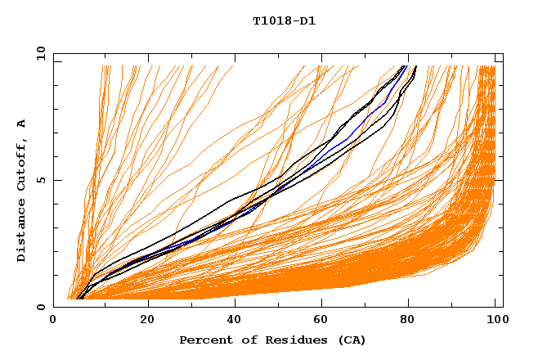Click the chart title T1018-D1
click(x=284, y=21)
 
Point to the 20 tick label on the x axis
click(x=147, y=320)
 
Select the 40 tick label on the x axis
click(x=235, y=320)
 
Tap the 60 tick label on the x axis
click(x=325, y=320)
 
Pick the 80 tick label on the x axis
click(x=413, y=320)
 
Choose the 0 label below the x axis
click(x=54, y=320)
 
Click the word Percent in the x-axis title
click(x=205, y=340)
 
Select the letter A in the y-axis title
click(x=21, y=124)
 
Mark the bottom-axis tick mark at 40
click(x=235, y=304)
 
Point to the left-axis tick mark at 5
click(x=57, y=180)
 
